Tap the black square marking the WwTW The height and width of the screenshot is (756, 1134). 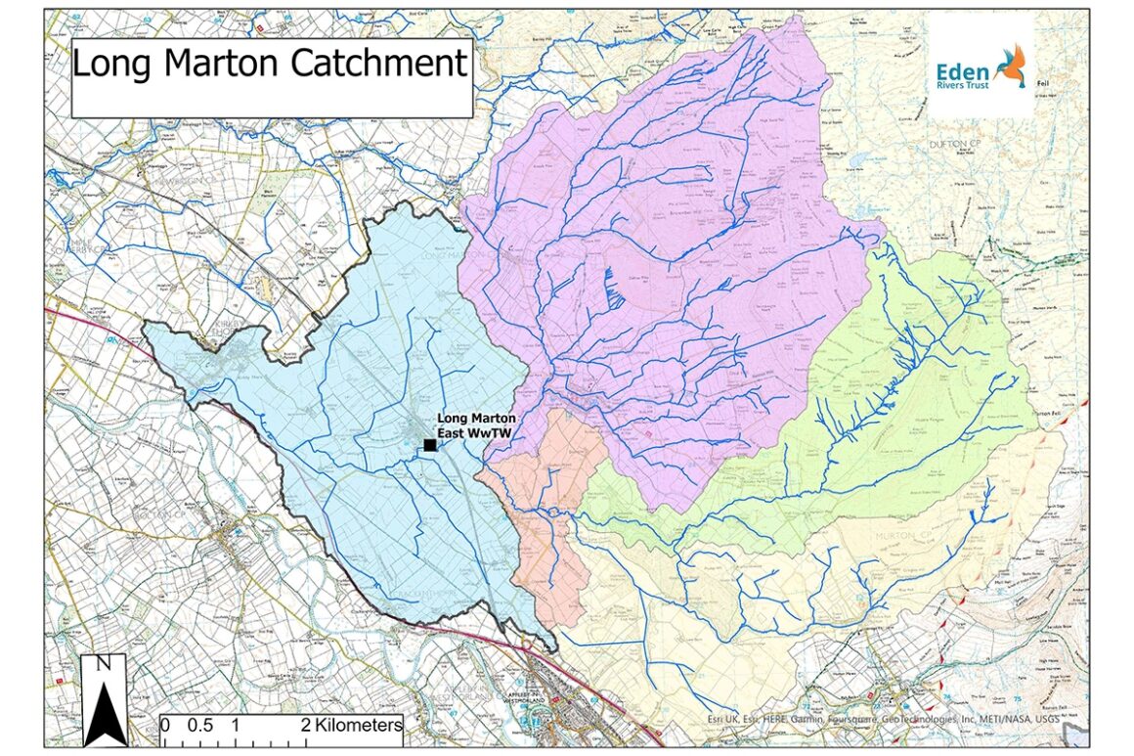[430, 446]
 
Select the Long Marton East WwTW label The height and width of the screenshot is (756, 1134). [476, 424]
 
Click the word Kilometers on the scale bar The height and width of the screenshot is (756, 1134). [351, 726]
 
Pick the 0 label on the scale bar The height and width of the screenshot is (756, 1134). [165, 726]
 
